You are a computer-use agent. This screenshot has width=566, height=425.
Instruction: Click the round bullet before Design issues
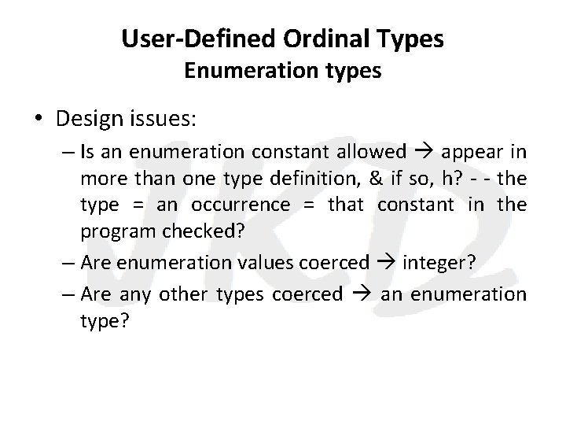coord(39,120)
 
